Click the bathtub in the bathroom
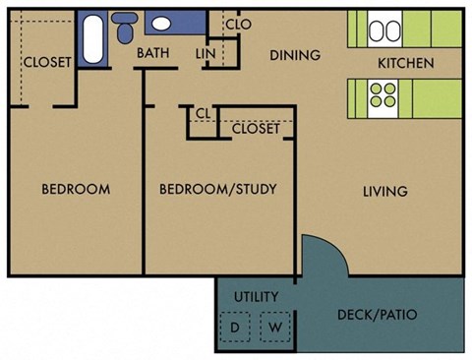click(91, 38)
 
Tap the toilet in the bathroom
click(126, 30)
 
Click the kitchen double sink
click(383, 30)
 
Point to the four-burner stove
click(381, 94)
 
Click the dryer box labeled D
click(235, 327)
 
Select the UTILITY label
click(256, 296)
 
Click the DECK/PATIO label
click(378, 316)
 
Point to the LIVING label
click(384, 191)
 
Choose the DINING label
click(295, 55)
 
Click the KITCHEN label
click(406, 64)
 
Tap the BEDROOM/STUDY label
click(217, 189)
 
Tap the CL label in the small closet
click(203, 114)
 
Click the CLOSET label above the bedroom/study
click(256, 128)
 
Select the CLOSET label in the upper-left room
click(47, 62)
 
